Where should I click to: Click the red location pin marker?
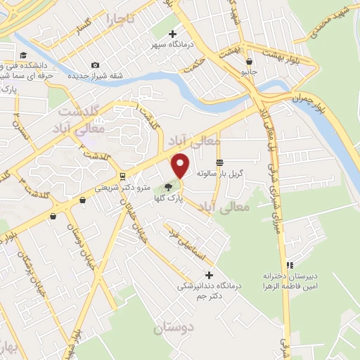tap(181, 165)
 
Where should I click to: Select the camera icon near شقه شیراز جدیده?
tap(96, 65)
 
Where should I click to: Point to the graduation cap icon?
tap(23, 56)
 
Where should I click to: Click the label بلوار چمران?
tap(296, 96)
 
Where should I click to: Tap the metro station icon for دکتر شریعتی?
tap(123, 176)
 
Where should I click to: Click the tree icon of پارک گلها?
tap(167, 187)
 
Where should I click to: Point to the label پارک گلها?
tap(168, 198)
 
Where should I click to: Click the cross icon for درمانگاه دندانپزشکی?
tap(207, 275)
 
